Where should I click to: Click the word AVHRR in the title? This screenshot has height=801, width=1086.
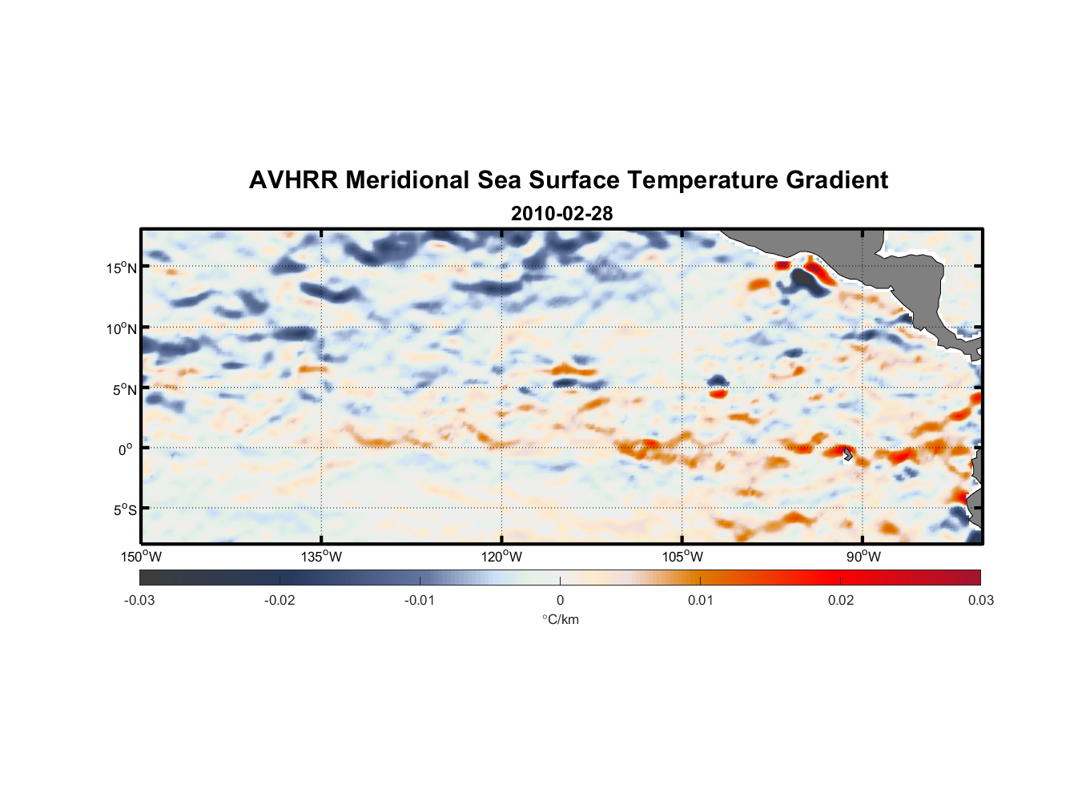293,180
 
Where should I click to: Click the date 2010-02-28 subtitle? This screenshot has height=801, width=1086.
561,214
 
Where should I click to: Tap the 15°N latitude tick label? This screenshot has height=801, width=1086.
121,268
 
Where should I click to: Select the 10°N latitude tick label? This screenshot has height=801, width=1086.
121,328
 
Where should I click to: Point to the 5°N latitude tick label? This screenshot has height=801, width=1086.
124,389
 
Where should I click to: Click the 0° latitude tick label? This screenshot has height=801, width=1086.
125,450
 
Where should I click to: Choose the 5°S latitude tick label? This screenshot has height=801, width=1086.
124,510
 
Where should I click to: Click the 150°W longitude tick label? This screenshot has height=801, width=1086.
141,557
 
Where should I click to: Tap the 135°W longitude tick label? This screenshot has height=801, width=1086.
321,557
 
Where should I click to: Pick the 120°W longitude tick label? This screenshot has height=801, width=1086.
501,557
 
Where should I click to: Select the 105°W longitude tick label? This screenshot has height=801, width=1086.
682,557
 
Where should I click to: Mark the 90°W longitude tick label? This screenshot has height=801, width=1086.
863,557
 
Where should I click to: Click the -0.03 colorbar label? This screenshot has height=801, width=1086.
139,600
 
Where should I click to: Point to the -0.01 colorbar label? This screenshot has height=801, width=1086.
419,600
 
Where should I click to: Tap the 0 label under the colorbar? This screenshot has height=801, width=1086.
560,600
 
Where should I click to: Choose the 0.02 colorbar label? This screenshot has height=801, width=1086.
841,600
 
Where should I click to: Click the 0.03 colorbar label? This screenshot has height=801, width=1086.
980,600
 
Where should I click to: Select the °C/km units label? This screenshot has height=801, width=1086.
560,619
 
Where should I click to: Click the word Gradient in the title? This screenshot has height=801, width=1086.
837,180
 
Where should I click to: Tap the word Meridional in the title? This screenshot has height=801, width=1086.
408,180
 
